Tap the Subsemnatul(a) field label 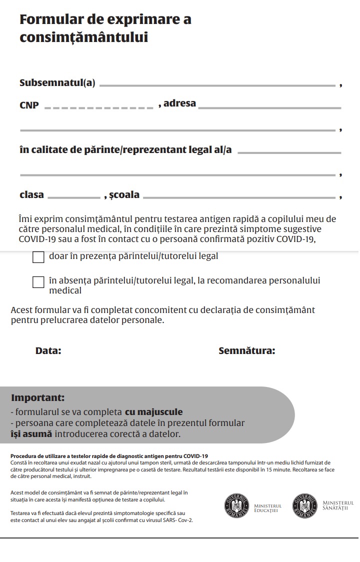pos(57,83)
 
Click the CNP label pos(29,105)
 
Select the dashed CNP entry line pos(99,107)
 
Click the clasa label pos(31,195)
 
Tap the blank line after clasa pos(74,198)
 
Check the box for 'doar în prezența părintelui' pos(38,257)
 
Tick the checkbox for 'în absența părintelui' pos(38,282)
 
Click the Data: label pos(48,351)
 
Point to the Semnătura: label pos(246,351)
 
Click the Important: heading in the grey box pos(38,398)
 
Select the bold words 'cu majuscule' pos(153,412)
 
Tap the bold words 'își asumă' pos(31,434)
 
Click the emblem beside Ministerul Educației pos(236,505)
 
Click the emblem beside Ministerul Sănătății pos(304,505)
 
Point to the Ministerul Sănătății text pos(338,505)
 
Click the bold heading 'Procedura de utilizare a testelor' pos(109,456)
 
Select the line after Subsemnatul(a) pos(217,86)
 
